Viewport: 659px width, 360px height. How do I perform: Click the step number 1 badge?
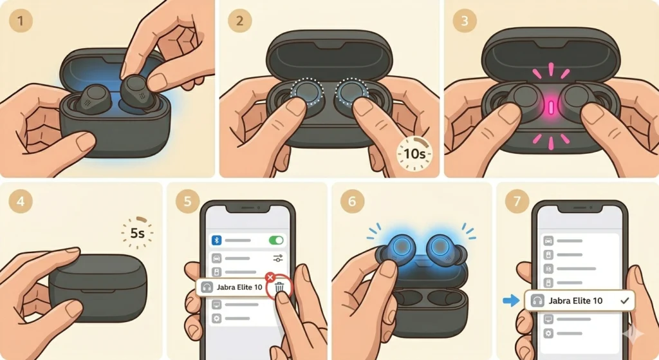pyautogui.click(x=21, y=20)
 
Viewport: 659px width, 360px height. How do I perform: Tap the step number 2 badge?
pyautogui.click(x=239, y=21)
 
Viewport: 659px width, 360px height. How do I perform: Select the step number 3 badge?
pyautogui.click(x=465, y=21)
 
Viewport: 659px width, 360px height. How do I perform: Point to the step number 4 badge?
pyautogui.click(x=20, y=201)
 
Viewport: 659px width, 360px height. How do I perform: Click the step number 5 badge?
pyautogui.click(x=187, y=201)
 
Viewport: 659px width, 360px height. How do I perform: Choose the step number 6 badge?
pyautogui.click(x=352, y=201)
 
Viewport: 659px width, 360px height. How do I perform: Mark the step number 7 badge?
pyautogui.click(x=517, y=201)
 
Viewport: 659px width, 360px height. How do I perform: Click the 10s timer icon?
pyautogui.click(x=414, y=154)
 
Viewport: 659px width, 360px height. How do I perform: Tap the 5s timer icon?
pyautogui.click(x=138, y=232)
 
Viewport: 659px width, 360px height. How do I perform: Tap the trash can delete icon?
pyautogui.click(x=279, y=288)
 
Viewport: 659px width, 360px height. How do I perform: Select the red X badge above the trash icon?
pyautogui.click(x=270, y=277)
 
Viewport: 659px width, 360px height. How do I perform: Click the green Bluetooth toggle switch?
pyautogui.click(x=276, y=240)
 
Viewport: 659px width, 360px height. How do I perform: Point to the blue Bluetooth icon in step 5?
pyautogui.click(x=216, y=240)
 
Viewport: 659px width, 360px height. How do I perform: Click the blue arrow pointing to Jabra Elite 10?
pyautogui.click(x=511, y=300)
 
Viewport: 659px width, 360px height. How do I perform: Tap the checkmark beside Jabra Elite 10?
pyautogui.click(x=624, y=300)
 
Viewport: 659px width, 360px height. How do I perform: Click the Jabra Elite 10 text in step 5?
pyautogui.click(x=239, y=287)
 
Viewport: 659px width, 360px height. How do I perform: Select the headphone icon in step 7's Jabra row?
pyautogui.click(x=537, y=300)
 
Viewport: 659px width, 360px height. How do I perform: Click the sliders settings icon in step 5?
pyautogui.click(x=278, y=258)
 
